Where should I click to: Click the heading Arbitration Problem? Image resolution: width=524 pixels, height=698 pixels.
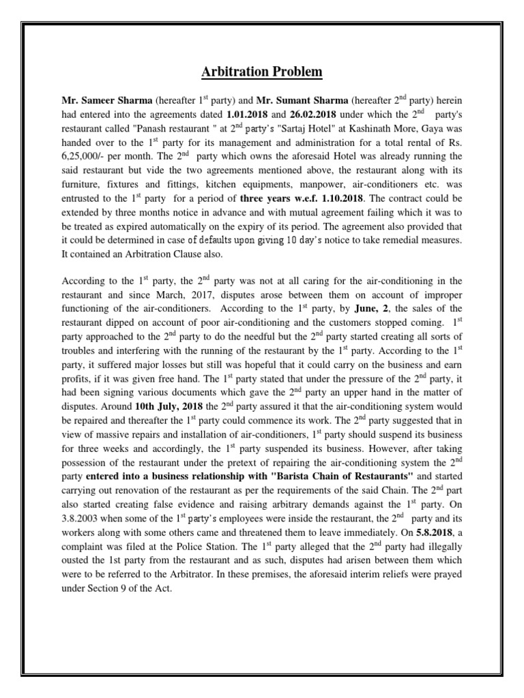pyautogui.click(x=262, y=72)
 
